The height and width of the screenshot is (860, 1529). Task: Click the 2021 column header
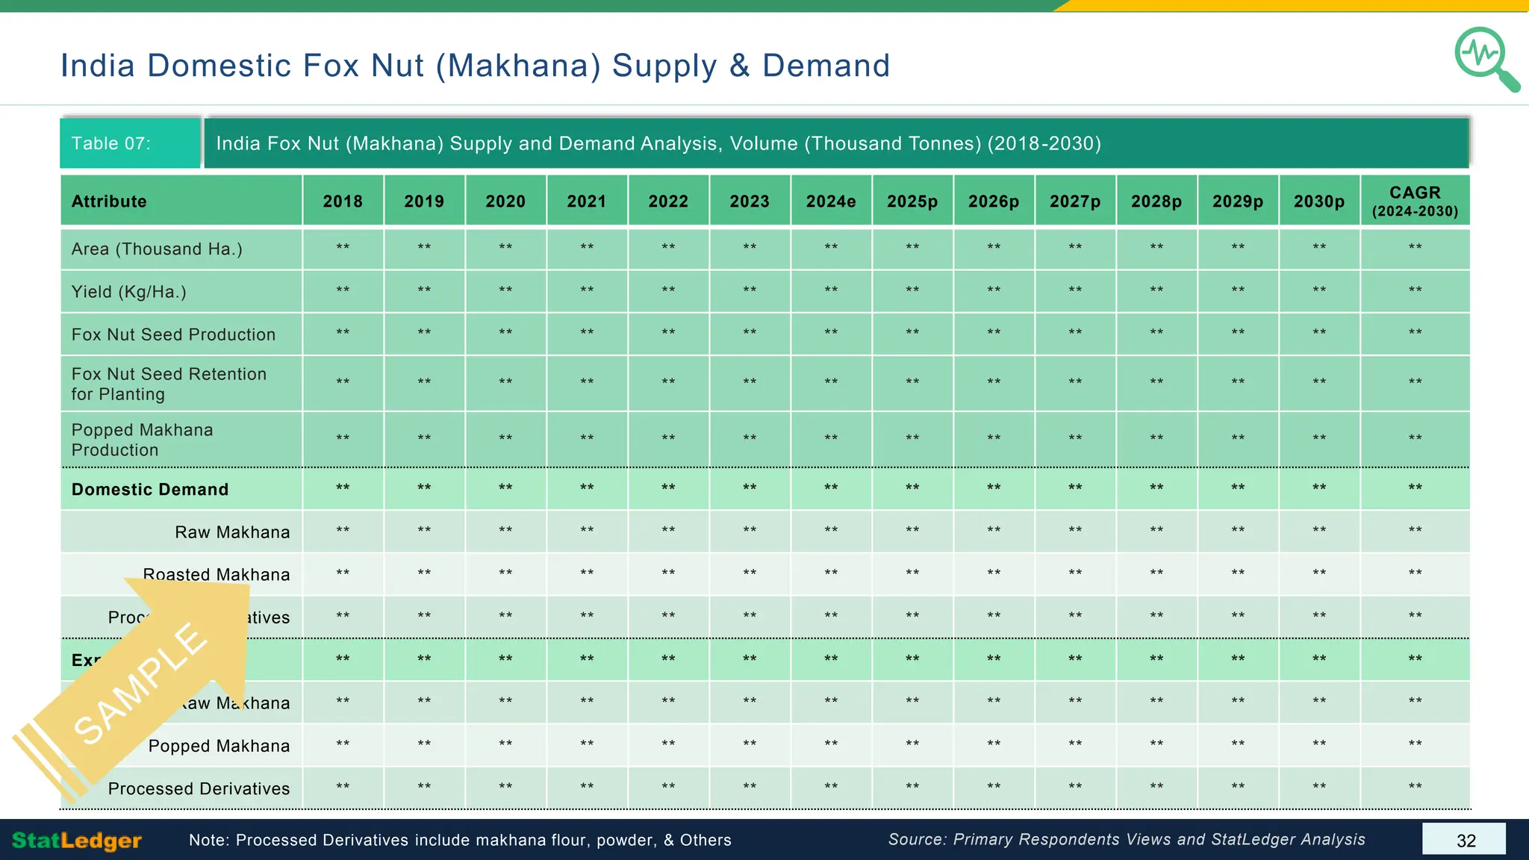pos(587,202)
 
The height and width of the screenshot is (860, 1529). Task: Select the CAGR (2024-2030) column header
pos(1415,202)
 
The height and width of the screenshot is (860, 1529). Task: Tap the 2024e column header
pos(831,202)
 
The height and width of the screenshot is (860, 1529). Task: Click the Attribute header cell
pos(109,202)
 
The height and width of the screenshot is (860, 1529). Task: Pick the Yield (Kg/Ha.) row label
pos(128,292)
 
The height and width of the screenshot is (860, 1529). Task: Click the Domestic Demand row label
pos(150,490)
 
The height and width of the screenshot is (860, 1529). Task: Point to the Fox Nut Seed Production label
pos(173,334)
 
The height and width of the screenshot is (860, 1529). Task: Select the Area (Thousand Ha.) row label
pos(157,249)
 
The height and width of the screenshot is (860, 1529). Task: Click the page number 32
pos(1466,841)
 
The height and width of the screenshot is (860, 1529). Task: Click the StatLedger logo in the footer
pos(77,841)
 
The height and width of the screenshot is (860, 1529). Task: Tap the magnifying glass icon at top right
pos(1486,59)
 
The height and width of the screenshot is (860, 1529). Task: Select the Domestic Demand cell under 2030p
pos(1319,489)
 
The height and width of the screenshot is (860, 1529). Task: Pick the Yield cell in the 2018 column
pos(343,291)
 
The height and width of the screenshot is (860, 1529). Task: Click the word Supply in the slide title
pos(664,66)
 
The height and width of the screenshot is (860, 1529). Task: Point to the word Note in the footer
pos(207,841)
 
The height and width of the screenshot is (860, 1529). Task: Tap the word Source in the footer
pos(917,840)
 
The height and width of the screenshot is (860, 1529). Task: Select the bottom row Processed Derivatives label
pos(199,789)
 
